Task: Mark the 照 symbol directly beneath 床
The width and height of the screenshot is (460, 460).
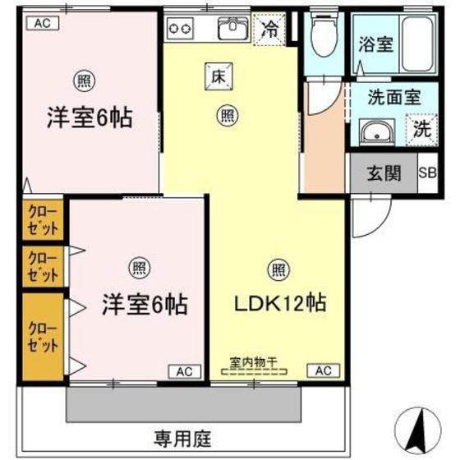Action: point(223,116)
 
